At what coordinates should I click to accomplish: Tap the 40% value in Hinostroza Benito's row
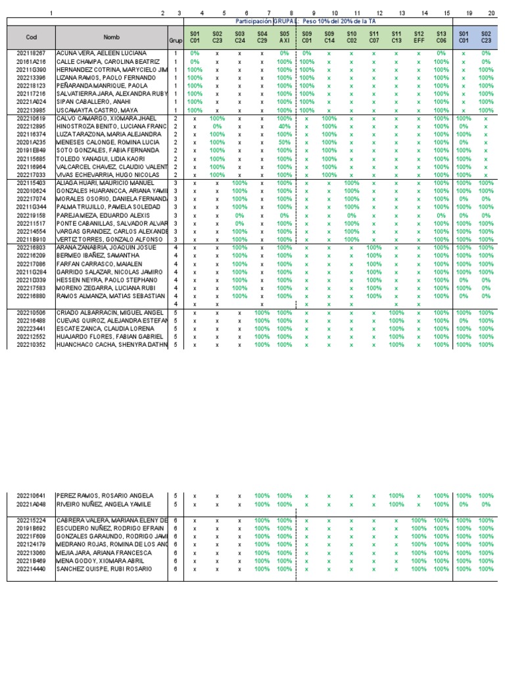tap(284, 126)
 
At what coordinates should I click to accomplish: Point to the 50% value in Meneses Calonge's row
tap(284, 142)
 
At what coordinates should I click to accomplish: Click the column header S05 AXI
tap(284, 37)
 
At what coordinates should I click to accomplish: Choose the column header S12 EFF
tap(418, 37)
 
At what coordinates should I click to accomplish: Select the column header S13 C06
tap(441, 37)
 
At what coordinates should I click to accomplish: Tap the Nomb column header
tap(112, 38)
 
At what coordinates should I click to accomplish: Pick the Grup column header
tap(176, 40)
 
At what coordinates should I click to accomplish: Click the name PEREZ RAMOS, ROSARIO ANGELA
tap(96, 496)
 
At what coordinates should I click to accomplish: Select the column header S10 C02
tap(351, 37)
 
